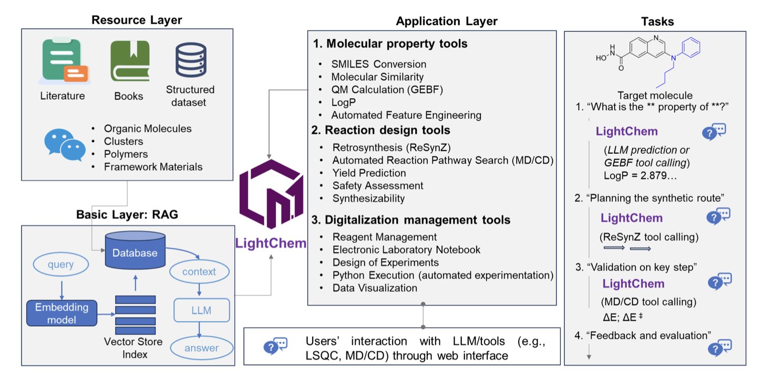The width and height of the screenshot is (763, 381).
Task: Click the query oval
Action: [x=60, y=265]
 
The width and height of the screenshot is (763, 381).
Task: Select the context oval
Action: [x=199, y=272]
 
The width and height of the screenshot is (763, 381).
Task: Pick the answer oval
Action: [x=201, y=347]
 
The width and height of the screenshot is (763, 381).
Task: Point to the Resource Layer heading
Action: [x=137, y=20]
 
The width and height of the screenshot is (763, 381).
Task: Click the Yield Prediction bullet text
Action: [x=369, y=173]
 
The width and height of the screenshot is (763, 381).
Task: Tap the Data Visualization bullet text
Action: [x=375, y=288]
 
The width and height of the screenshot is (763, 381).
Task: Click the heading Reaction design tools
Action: [x=388, y=130]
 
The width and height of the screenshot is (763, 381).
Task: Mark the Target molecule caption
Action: [x=655, y=96]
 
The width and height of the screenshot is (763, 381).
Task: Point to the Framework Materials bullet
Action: [x=153, y=167]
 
